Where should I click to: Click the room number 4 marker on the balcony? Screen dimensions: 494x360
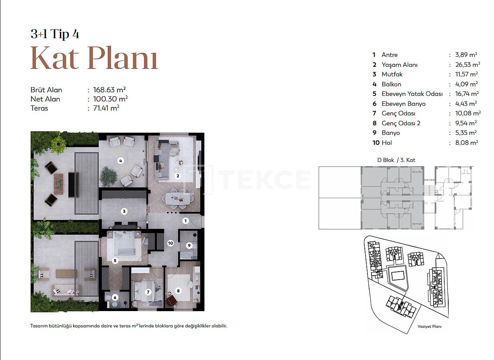(121, 161)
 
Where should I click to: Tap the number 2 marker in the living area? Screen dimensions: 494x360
(178, 176)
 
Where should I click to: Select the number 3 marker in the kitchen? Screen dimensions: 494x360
(124, 211)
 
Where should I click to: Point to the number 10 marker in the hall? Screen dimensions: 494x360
(171, 243)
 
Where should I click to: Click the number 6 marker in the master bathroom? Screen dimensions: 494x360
(115, 298)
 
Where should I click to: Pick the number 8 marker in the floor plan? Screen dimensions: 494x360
(178, 291)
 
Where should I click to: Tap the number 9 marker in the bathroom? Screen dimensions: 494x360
(189, 245)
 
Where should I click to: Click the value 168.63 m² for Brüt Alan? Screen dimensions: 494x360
(109, 90)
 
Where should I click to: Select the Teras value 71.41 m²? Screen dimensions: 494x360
(106, 108)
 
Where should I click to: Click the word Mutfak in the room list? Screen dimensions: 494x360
(392, 74)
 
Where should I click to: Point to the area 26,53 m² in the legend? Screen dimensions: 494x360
(467, 64)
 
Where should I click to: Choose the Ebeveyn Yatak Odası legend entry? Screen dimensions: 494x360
(412, 94)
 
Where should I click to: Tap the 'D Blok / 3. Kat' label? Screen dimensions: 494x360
(396, 160)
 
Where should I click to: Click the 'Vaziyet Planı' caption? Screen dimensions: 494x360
(430, 327)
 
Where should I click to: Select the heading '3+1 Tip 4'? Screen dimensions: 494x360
(55, 34)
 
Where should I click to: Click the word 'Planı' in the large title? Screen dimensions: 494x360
(123, 58)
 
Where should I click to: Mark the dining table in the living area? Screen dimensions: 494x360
(178, 198)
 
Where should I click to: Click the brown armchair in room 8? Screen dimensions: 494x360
(171, 300)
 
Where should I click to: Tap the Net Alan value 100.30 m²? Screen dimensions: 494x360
(110, 99)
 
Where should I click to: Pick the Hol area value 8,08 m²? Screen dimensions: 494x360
(467, 142)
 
